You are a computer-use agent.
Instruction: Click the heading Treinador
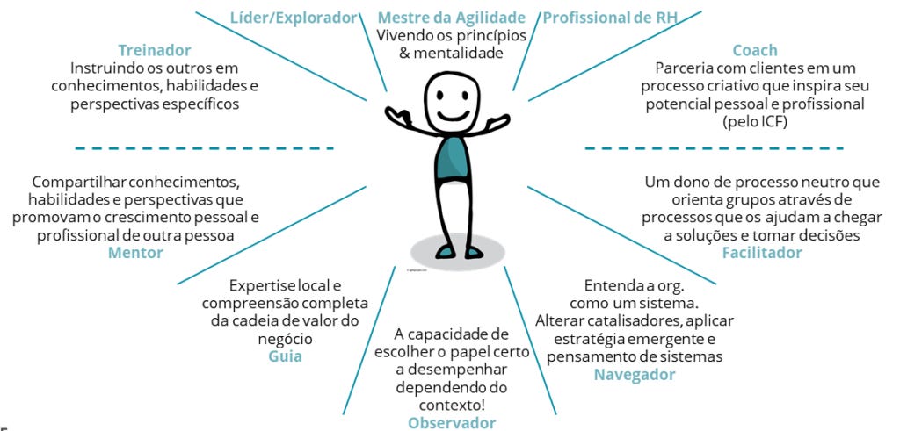coord(154,50)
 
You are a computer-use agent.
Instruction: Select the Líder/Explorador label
coord(294,18)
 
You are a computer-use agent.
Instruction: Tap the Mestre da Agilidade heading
coord(451,18)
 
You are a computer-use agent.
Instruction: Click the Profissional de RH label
coord(610,18)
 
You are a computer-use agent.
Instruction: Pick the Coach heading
coord(755,50)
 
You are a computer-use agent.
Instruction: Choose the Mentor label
coord(135,253)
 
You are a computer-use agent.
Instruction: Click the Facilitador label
coord(762,253)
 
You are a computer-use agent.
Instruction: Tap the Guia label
coord(285,356)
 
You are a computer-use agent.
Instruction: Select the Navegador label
coord(634,375)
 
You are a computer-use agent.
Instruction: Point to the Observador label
coord(452,422)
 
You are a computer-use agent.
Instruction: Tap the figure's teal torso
coord(453,157)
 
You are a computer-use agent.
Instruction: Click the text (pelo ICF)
coord(755,122)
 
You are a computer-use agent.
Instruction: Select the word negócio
coord(286,338)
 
